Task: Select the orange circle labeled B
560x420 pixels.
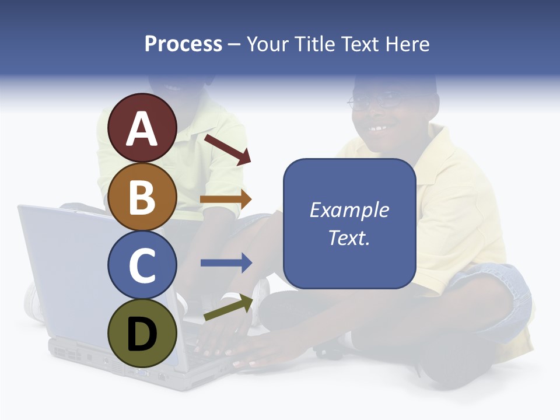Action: (x=142, y=197)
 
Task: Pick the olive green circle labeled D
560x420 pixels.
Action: (x=142, y=333)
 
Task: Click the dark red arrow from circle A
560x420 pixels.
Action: (x=228, y=149)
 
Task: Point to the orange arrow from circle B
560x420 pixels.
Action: (x=226, y=199)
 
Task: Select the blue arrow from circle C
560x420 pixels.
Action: (x=226, y=263)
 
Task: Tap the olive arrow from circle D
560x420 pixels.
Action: (x=229, y=307)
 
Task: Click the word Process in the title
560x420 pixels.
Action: (x=183, y=44)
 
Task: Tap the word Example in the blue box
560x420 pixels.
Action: (x=349, y=210)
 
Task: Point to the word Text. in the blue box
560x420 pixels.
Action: (x=349, y=237)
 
